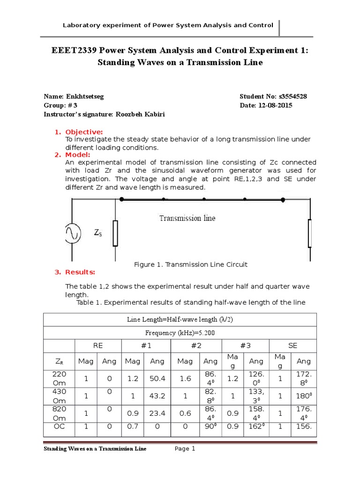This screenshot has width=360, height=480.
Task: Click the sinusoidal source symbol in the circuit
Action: pos(74,233)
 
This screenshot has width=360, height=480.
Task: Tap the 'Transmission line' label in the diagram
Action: pos(187,218)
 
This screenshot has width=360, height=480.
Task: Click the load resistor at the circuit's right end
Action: pos(310,233)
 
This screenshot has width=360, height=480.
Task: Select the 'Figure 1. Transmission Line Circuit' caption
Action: pos(191,264)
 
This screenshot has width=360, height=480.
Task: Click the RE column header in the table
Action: pos(98,345)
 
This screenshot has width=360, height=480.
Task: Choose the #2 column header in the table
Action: pos(196,345)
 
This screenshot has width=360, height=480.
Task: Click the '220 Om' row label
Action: pos(59,378)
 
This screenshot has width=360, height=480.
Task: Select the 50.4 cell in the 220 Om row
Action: pos(157,378)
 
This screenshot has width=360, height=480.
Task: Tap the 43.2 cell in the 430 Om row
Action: pos(157,396)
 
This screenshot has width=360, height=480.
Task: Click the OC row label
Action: pos(59,427)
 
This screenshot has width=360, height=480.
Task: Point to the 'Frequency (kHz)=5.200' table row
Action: pos(180,332)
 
